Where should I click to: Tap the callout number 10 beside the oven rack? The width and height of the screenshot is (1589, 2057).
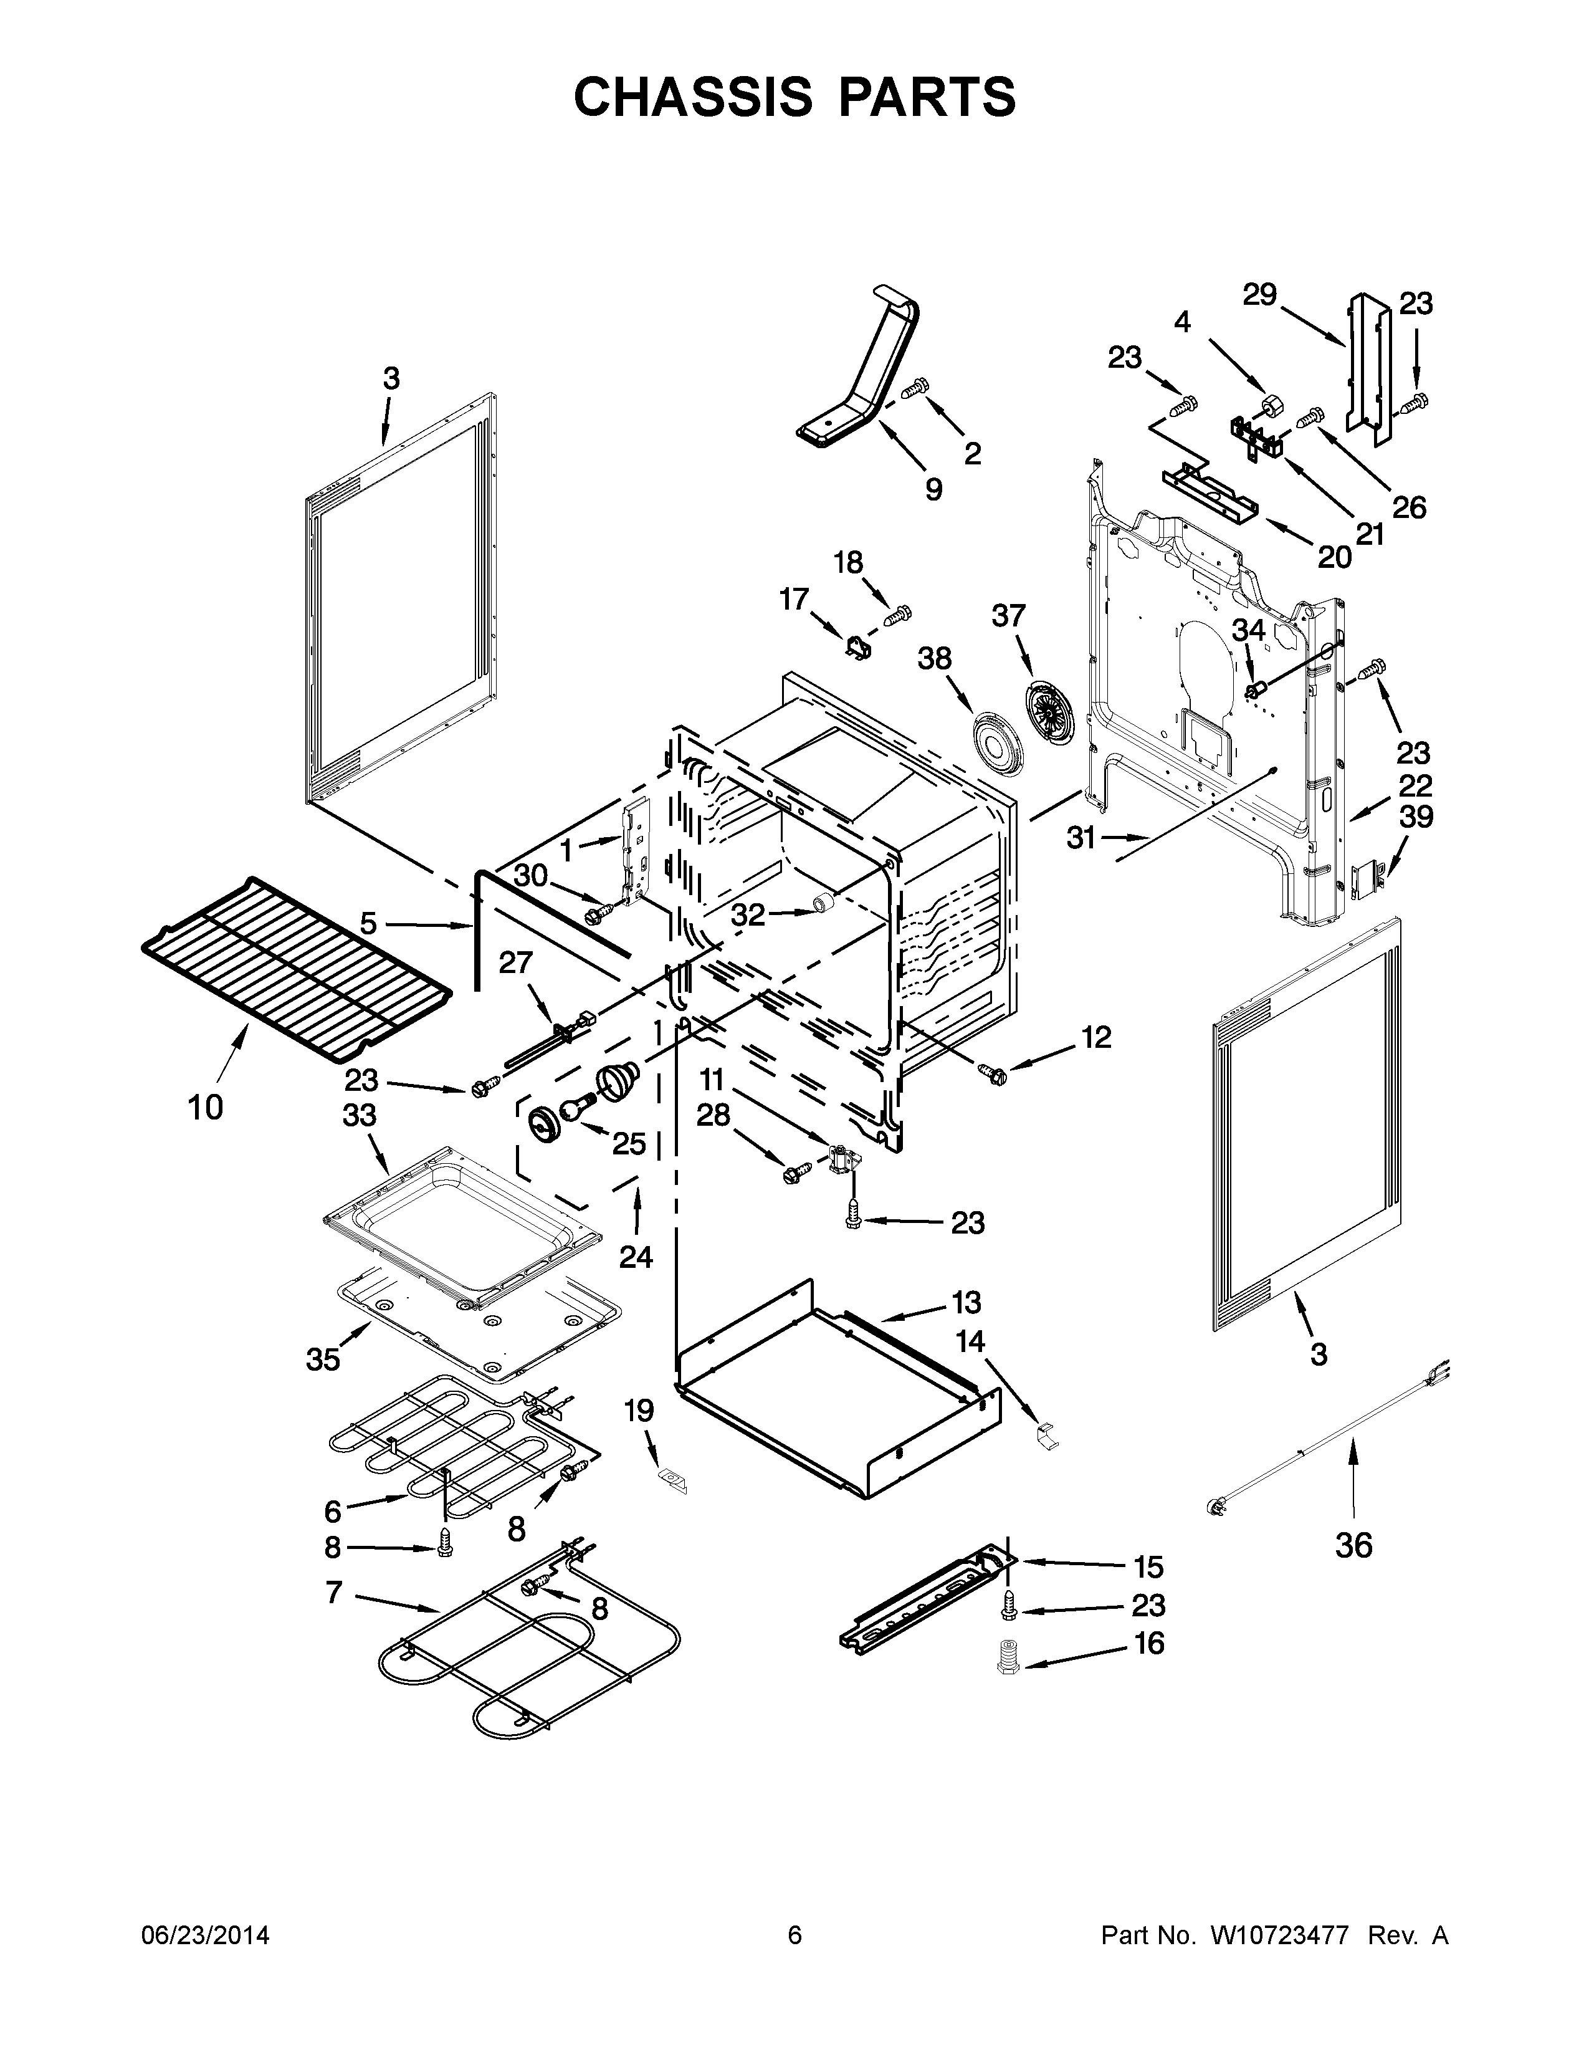205,1106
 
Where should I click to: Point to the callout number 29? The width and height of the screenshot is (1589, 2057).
1259,295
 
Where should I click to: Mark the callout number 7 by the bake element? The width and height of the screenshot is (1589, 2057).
333,1593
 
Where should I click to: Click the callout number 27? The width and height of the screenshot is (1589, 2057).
516,962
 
